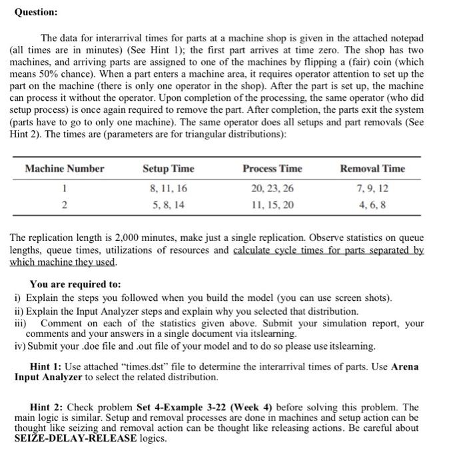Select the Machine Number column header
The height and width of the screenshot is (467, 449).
(x=64, y=169)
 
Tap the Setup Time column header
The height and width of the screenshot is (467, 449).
(x=166, y=169)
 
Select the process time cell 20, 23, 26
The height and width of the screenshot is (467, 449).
(x=272, y=189)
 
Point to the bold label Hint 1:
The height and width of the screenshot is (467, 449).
(x=50, y=366)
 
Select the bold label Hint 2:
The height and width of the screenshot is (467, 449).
(x=50, y=406)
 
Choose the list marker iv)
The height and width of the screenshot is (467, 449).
(x=21, y=346)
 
